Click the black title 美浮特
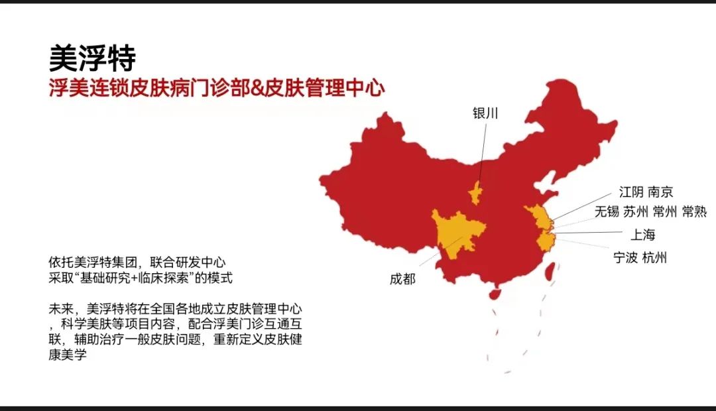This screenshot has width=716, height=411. point(92,58)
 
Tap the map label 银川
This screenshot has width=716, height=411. point(485,113)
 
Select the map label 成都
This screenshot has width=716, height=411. point(402,279)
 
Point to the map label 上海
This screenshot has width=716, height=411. point(642,235)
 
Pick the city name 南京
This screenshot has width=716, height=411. point(660,192)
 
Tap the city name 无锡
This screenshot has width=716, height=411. point(606,212)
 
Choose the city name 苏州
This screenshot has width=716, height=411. point(635,212)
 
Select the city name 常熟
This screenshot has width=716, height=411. point(694,212)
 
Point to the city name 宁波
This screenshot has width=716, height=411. point(626,257)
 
